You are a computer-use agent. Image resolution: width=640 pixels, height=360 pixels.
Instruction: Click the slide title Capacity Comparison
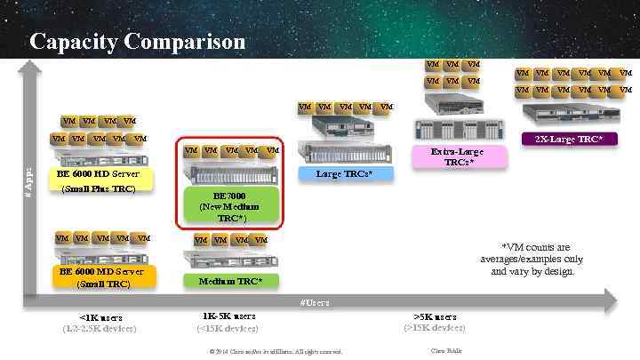tap(137, 42)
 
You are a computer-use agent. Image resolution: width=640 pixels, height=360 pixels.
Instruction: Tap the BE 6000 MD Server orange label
tap(103, 277)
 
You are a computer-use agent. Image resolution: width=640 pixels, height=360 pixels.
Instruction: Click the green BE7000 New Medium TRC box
tap(229, 207)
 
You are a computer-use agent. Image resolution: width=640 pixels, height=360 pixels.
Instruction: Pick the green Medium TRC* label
tap(229, 281)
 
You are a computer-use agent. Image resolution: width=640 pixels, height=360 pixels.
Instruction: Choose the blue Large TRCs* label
tap(344, 173)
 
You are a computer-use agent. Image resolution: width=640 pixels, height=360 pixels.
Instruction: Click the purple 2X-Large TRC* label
tap(569, 139)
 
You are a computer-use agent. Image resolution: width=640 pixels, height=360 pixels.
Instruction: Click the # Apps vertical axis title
tap(28, 182)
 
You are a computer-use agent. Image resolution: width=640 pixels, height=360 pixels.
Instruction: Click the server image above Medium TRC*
tap(229, 259)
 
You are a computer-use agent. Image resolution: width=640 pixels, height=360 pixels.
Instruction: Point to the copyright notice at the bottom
tap(276, 351)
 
